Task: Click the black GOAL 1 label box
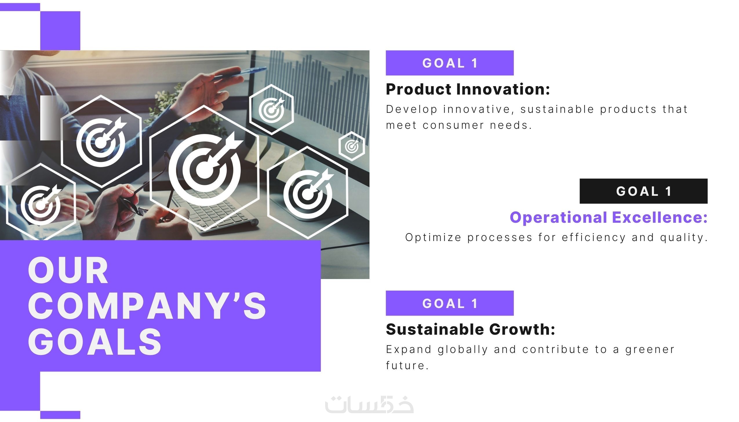pyautogui.click(x=643, y=191)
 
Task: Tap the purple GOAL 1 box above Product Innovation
pyautogui.click(x=449, y=63)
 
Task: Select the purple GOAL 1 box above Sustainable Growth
pyautogui.click(x=449, y=303)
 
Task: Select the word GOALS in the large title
pyautogui.click(x=94, y=341)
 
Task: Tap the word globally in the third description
pyautogui.click(x=463, y=350)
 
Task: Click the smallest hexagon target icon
pyautogui.click(x=352, y=146)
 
